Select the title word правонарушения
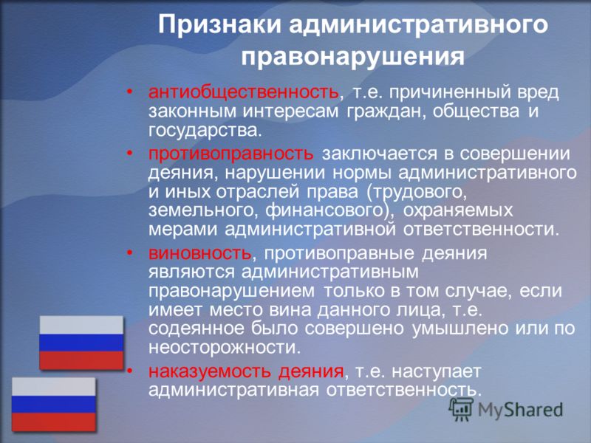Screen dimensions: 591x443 (x=353, y=57)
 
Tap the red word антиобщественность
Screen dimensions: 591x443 (x=244, y=92)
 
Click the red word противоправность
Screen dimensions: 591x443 (x=230, y=154)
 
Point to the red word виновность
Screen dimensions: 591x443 (x=199, y=253)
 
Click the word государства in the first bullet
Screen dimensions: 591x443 (x=204, y=131)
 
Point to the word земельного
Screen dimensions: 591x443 (x=201, y=210)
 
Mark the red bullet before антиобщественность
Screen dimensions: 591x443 (x=130, y=92)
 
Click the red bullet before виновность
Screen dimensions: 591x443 (x=130, y=253)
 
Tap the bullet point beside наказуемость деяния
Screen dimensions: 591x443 (x=130, y=371)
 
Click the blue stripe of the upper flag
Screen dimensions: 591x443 (x=81, y=343)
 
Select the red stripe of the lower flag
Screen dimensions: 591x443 (x=54, y=422)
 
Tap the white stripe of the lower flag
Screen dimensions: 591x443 (x=54, y=387)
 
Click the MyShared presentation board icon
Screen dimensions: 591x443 (x=461, y=409)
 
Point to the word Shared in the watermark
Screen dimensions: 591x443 (x=533, y=410)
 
